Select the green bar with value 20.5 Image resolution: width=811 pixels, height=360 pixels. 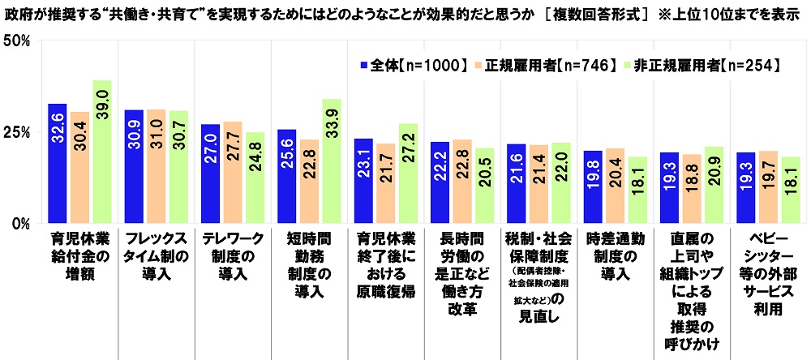coord(484,185)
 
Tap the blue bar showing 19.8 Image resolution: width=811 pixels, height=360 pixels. coord(593,186)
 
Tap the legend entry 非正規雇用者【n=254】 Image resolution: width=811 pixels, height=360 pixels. coord(695,64)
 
